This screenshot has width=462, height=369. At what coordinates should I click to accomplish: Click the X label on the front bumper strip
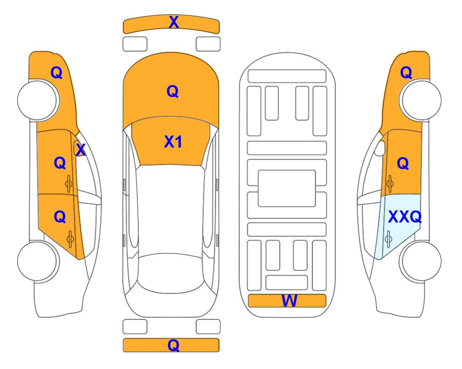pos(174,22)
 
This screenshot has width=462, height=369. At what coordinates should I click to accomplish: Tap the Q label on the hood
pos(173,91)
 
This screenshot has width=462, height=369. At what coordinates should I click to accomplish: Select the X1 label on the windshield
pos(173,142)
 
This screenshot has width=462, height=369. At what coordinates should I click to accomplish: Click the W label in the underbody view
pos(289,301)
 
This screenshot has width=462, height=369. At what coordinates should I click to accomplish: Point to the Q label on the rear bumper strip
pos(174,345)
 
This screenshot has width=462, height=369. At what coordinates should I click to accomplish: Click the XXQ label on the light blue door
pos(405,217)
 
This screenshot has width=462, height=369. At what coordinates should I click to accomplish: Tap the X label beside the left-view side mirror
pos(81,150)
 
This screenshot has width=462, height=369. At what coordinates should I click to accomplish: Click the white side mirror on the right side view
pos(380,148)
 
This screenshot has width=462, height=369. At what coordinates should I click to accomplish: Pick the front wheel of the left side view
pos(37,100)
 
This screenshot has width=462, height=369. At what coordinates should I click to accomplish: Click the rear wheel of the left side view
pos(37,261)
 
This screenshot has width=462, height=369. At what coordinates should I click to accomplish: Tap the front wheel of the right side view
pos(420,100)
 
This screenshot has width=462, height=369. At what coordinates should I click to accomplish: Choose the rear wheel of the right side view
pos(420,261)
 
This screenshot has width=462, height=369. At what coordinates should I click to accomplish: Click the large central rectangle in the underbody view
pos(287,188)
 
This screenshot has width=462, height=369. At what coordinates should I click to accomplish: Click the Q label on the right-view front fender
pos(406,73)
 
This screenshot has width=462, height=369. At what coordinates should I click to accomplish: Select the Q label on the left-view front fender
pos(57,73)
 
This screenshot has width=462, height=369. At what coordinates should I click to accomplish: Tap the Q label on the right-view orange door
pos(403,163)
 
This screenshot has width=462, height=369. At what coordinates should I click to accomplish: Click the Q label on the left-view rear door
pos(60,217)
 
